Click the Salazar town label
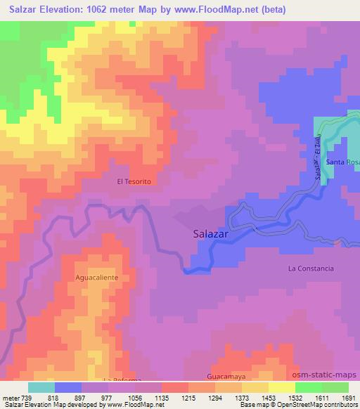[x=214, y=236]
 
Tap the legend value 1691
[x=349, y=396]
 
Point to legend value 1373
[x=243, y=396]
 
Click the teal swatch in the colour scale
[x=41, y=387]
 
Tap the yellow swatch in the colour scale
[x=281, y=387]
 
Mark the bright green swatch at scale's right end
[x=335, y=387]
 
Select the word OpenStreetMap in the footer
[x=319, y=405]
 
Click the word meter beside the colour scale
[x=10, y=396]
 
